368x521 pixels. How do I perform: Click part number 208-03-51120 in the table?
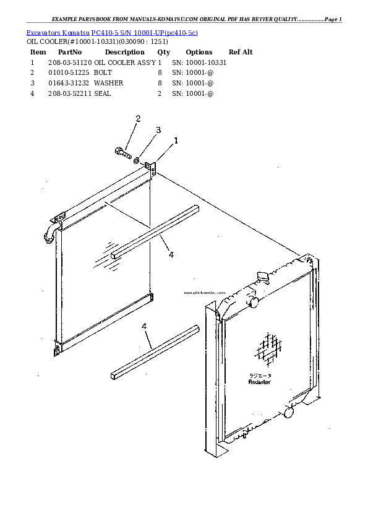[x=69, y=62]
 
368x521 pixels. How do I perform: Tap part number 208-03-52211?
[x=69, y=93]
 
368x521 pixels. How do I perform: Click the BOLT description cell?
[x=103, y=73]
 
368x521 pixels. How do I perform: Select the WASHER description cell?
[x=108, y=83]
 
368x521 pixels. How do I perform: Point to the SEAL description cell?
[x=102, y=93]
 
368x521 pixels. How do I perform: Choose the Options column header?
[x=199, y=53]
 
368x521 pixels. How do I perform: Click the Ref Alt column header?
[x=241, y=53]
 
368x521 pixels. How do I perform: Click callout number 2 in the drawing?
[x=138, y=118]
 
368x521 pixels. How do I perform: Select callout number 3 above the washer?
[x=158, y=130]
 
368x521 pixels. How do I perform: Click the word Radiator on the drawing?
[x=260, y=382]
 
